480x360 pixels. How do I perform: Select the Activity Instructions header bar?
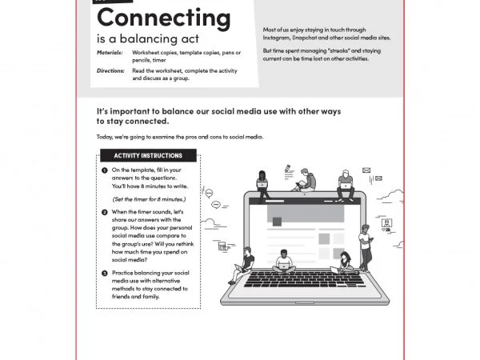click(148, 155)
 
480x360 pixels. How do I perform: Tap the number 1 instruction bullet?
click(105, 170)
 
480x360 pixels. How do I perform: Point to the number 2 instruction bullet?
click(105, 212)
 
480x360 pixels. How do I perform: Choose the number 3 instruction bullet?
click(105, 273)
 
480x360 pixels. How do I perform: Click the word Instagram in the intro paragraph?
click(279, 37)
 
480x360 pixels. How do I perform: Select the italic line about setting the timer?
click(149, 198)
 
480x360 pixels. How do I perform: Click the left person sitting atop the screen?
click(262, 182)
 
